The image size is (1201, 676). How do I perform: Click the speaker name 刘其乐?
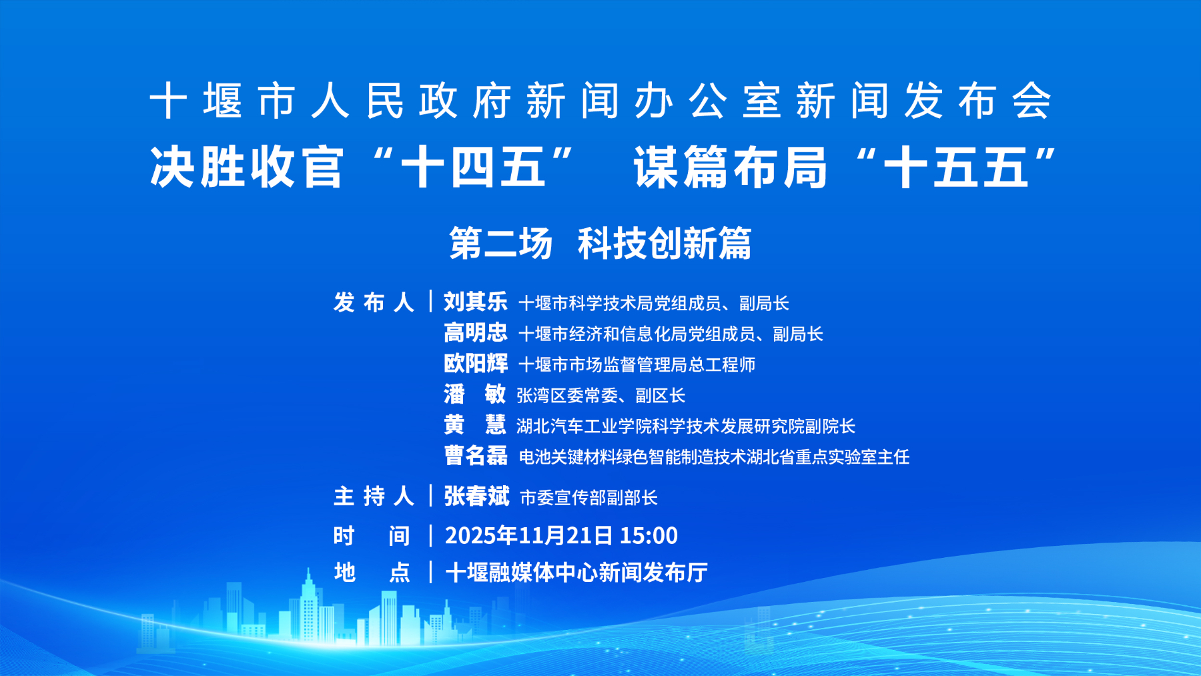pyautogui.click(x=476, y=302)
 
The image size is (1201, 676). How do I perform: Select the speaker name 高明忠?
pyautogui.click(x=476, y=332)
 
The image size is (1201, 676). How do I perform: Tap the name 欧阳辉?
pyautogui.click(x=476, y=363)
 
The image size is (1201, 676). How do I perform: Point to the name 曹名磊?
pyautogui.click(x=476, y=456)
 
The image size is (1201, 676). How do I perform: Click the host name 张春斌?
pyautogui.click(x=476, y=496)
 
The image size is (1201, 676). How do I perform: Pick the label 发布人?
pyautogui.click(x=374, y=302)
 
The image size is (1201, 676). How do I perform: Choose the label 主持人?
pyautogui.click(x=374, y=496)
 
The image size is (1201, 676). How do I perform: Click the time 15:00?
pyautogui.click(x=649, y=535)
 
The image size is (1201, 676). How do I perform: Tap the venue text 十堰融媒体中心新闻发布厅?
pyautogui.click(x=576, y=572)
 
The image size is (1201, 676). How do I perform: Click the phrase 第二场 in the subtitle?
pyautogui.click(x=501, y=243)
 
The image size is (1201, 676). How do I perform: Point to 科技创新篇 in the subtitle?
pyautogui.click(x=665, y=243)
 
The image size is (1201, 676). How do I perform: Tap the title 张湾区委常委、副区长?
pyautogui.click(x=601, y=395)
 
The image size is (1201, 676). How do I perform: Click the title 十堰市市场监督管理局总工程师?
pyautogui.click(x=637, y=364)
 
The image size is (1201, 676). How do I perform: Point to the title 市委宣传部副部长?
pyautogui.click(x=588, y=497)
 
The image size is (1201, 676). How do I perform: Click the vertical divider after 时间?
pyautogui.click(x=431, y=535)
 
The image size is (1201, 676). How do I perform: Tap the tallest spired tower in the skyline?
pyautogui.click(x=308, y=607)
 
